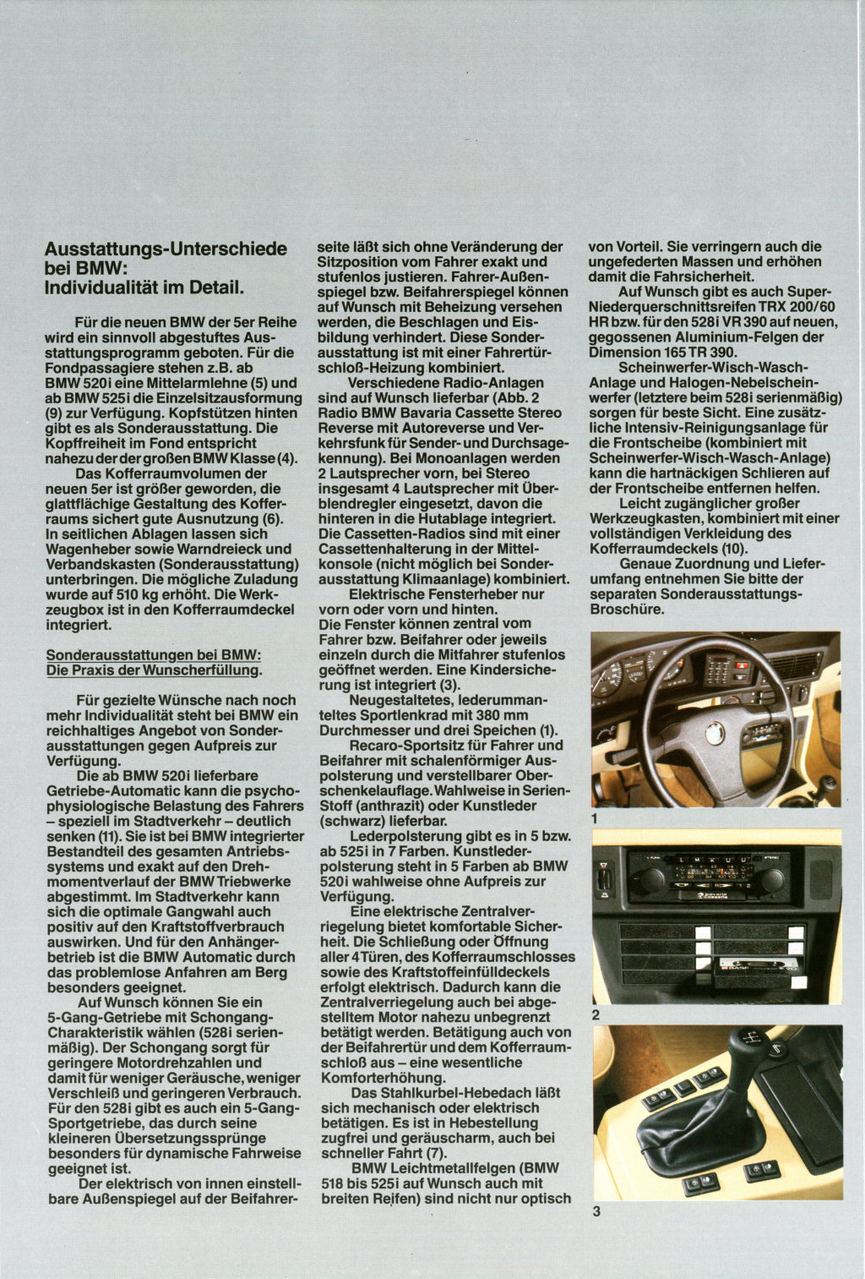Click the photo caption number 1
click(596, 819)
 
